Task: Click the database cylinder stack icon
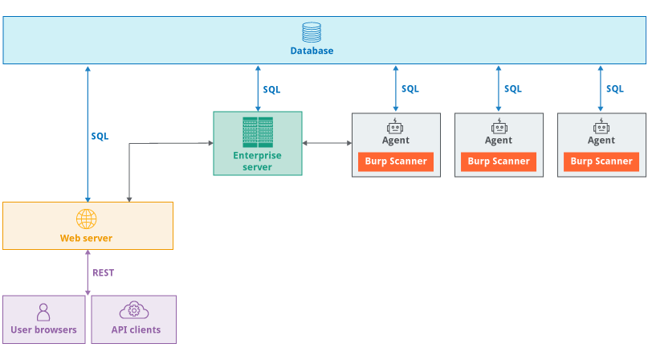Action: click(312, 32)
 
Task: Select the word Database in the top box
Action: click(312, 51)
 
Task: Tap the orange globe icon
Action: click(87, 219)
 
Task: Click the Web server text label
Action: click(86, 239)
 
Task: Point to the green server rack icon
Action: click(258, 133)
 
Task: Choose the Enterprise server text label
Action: click(257, 162)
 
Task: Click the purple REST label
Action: click(104, 272)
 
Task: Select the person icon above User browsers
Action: click(43, 313)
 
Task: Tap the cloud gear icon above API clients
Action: click(134, 310)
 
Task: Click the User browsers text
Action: click(44, 329)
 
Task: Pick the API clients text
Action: click(136, 329)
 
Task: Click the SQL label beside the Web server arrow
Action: click(100, 136)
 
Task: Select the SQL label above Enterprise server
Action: click(271, 89)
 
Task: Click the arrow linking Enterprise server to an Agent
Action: click(327, 143)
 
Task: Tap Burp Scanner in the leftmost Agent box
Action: click(396, 162)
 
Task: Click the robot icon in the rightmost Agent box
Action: click(601, 126)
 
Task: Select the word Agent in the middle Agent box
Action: click(499, 141)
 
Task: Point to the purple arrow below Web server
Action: click(88, 272)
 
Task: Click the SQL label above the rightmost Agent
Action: click(615, 88)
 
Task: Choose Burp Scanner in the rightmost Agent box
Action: click(601, 162)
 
